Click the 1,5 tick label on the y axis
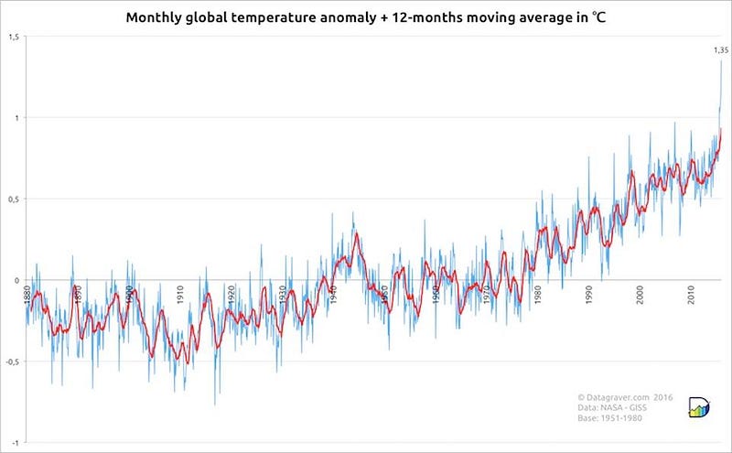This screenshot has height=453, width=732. tap(13, 37)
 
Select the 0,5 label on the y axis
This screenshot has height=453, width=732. tap(13, 199)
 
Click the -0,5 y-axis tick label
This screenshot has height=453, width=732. tap(12, 361)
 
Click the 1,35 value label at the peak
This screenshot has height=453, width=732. tap(720, 50)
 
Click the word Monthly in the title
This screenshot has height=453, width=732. tap(154, 17)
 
